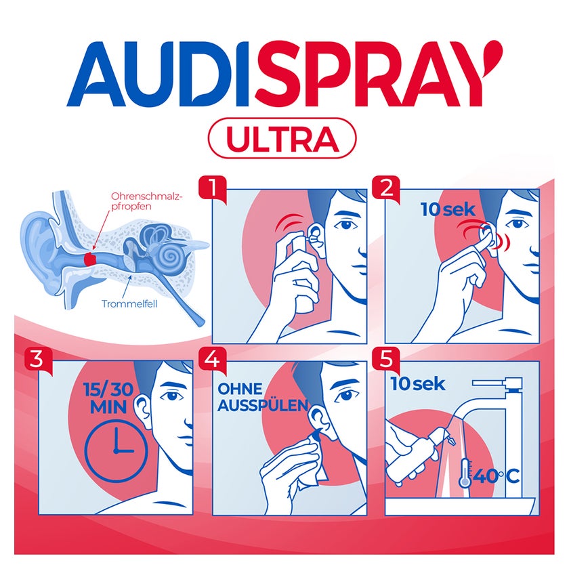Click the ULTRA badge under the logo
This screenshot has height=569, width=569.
click(282, 138)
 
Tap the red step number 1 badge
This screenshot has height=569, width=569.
click(212, 189)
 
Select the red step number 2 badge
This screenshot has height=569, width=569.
click(385, 189)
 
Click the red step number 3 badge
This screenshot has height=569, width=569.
click(39, 360)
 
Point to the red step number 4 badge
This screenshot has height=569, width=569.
click(212, 360)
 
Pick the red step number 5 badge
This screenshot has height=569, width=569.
click(385, 360)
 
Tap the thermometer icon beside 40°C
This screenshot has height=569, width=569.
click(465, 473)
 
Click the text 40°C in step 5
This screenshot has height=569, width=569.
click(496, 476)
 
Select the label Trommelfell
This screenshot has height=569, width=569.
click(129, 303)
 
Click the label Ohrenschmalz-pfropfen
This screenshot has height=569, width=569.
click(146, 201)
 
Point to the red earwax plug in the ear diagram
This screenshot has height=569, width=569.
click(89, 259)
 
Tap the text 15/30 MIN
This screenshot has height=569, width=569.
click(108, 398)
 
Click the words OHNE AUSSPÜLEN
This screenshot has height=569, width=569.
click(263, 398)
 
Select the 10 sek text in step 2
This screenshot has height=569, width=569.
click(448, 209)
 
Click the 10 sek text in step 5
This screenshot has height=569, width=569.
click(418, 384)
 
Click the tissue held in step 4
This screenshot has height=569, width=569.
click(308, 466)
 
